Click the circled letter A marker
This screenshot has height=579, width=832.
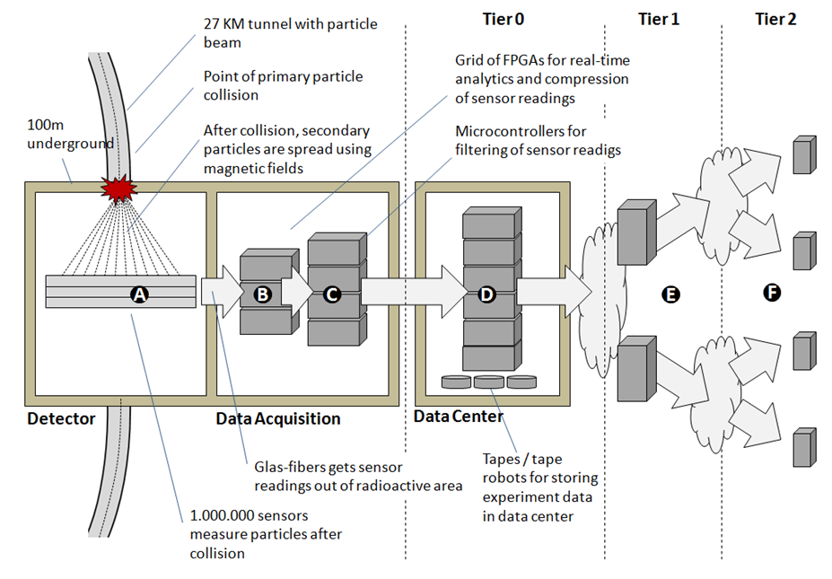pyautogui.click(x=138, y=294)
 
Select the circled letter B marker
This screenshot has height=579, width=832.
pyautogui.click(x=263, y=294)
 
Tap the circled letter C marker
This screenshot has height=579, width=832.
pyautogui.click(x=331, y=294)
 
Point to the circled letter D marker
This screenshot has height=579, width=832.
pyautogui.click(x=487, y=294)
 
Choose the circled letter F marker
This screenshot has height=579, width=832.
pyautogui.click(x=770, y=293)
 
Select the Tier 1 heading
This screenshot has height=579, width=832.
pyautogui.click(x=661, y=19)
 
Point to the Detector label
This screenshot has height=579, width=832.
pyautogui.click(x=61, y=418)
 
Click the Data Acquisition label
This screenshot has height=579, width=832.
pyautogui.click(x=278, y=418)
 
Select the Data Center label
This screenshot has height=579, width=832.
pyautogui.click(x=459, y=417)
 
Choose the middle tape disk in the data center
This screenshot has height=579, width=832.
pyautogui.click(x=489, y=382)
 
